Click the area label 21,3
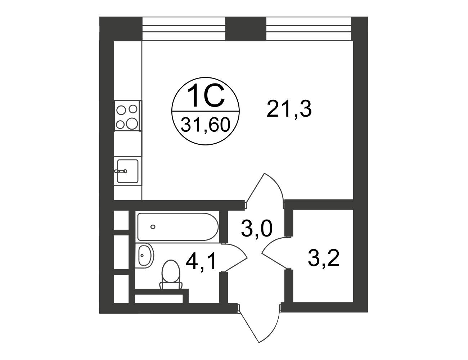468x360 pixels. [289, 109]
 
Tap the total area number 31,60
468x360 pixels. [206, 125]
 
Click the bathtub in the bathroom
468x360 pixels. [178, 227]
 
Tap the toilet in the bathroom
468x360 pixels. [171, 275]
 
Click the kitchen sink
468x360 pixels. [127, 171]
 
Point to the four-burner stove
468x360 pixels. [127, 116]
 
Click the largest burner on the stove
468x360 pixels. [132, 123]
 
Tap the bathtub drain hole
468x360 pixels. [153, 226]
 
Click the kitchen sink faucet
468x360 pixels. [121, 171]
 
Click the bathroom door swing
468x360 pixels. [235, 257]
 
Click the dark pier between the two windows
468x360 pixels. [246, 29]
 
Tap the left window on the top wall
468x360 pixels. [184, 29]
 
